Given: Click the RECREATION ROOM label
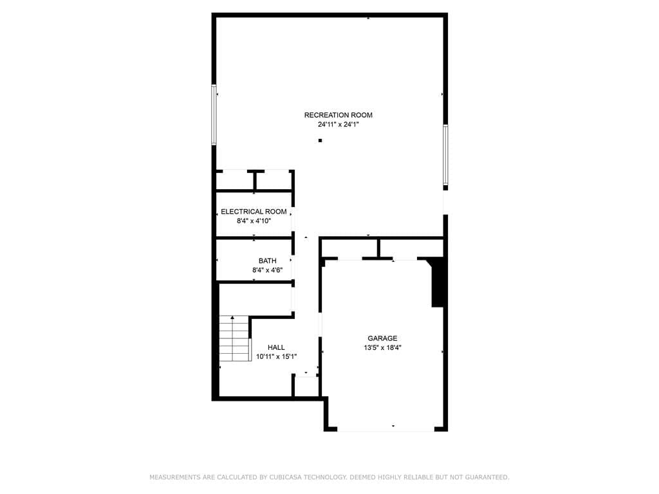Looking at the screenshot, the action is point(339,115).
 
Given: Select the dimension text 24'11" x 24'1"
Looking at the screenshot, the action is point(339,124).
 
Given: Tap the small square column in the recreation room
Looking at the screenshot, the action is point(320,140).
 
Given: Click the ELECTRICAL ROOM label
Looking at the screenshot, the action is point(254,212).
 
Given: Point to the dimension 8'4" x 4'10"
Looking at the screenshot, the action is point(254,221).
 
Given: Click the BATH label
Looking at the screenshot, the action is point(267,261).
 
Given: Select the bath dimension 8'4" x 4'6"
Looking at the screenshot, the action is point(267,270).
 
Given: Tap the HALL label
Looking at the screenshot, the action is point(276,347).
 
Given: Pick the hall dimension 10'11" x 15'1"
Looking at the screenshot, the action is point(277,356).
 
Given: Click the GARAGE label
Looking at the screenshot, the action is point(382,338).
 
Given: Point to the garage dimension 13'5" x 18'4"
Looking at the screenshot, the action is point(382,347).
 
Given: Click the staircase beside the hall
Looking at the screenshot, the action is point(234,338).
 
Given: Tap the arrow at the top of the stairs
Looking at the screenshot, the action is point(232,318).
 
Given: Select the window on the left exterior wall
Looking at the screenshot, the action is point(214,114).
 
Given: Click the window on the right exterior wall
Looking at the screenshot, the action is point(445,154).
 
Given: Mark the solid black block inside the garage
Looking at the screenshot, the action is point(438,284).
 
